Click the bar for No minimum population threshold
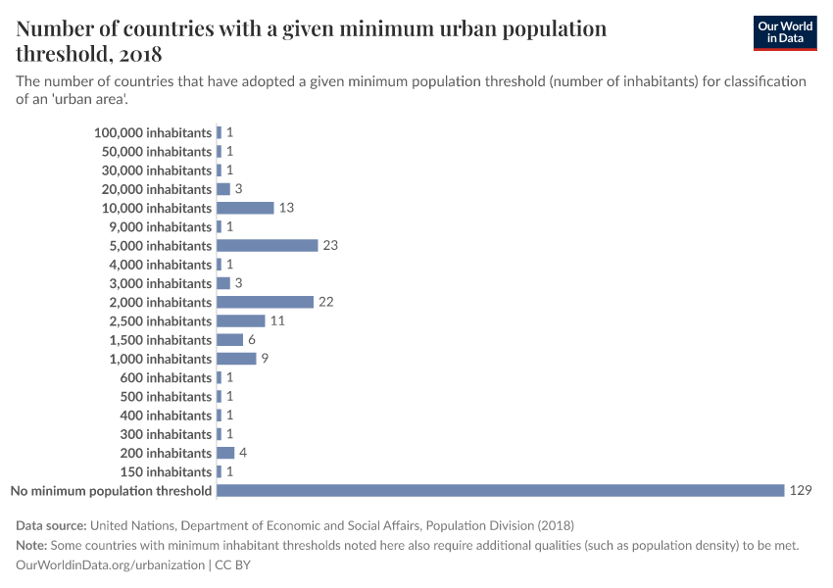click(500, 490)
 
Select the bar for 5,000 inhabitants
click(267, 245)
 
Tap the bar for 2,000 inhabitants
click(265, 302)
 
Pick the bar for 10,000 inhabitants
click(245, 208)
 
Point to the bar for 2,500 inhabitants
click(240, 320)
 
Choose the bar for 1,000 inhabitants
click(236, 359)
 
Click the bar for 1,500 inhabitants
click(229, 339)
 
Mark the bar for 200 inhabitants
click(225, 453)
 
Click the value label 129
click(801, 490)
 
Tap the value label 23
click(330, 245)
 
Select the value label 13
click(286, 208)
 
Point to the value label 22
click(326, 302)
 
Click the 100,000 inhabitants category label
click(153, 132)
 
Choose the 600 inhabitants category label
click(166, 377)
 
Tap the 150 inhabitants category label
click(166, 471)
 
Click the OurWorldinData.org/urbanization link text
click(111, 565)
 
